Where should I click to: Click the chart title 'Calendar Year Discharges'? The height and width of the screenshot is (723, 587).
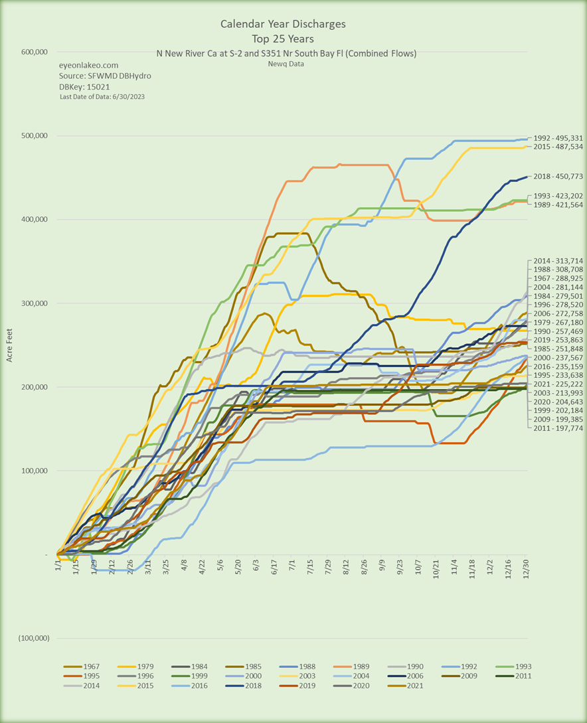[x=283, y=25]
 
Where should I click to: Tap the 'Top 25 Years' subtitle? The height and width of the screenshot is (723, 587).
[x=283, y=39]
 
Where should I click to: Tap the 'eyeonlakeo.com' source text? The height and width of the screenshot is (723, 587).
[x=89, y=65]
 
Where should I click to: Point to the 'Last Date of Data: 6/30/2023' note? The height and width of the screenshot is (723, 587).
[x=102, y=97]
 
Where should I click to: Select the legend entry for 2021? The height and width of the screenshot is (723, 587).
[x=410, y=686]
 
